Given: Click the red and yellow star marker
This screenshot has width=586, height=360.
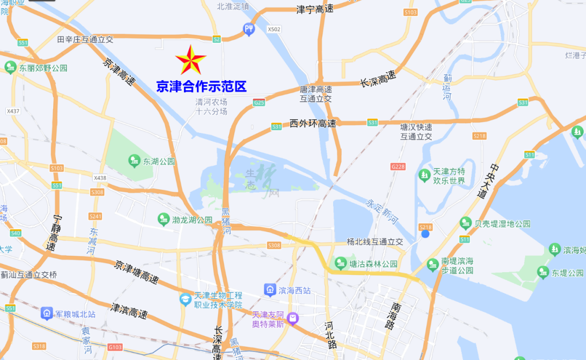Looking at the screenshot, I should click(x=190, y=60).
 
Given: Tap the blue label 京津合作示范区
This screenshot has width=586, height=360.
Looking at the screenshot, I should click(x=201, y=86).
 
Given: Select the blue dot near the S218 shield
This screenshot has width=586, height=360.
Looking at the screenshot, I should click(x=425, y=234).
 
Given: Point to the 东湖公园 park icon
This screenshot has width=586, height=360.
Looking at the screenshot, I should click(x=133, y=161).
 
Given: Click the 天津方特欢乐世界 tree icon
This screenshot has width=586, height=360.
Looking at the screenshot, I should click(x=425, y=176).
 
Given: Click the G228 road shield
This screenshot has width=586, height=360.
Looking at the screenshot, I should click(x=398, y=166).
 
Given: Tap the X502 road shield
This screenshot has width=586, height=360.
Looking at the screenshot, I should click(x=274, y=29).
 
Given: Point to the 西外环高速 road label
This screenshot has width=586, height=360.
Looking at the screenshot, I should click(x=313, y=124).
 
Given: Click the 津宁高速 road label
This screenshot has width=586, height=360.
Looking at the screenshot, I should click(x=315, y=9).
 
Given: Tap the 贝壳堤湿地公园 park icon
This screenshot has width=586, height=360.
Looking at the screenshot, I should click(x=465, y=223).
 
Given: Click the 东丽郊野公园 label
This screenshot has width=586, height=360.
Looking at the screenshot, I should click(x=43, y=68).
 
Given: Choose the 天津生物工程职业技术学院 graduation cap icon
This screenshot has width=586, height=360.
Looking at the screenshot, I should click(x=186, y=299).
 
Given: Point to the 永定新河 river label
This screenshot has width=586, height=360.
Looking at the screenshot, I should click(x=381, y=210).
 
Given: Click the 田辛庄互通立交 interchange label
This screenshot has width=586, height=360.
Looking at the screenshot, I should click(x=85, y=39).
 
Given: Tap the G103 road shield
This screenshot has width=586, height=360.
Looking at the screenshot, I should click(x=115, y=347).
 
